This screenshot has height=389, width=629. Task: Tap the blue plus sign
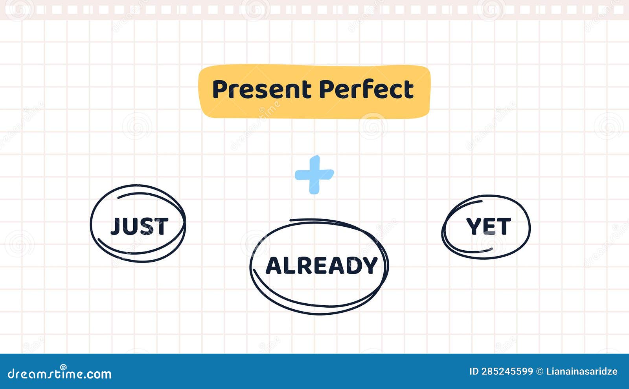coord(314,174)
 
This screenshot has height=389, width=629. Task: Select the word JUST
coord(139,226)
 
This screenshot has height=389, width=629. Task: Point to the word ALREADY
coord(322,266)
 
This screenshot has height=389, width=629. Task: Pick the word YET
coord(488,226)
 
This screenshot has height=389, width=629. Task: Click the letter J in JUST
coord(116,226)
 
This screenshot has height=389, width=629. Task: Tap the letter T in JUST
coord(161,226)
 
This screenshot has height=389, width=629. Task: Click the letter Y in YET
coord(473,226)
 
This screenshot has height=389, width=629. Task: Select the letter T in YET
coord(504,226)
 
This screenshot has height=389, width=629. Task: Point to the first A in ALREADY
coord(274,266)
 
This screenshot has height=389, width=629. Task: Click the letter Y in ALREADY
coord(370,266)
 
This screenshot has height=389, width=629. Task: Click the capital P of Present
coord(220,89)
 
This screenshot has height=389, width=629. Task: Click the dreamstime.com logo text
coord(60,374)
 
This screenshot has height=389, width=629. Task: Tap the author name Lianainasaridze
coord(582,371)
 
